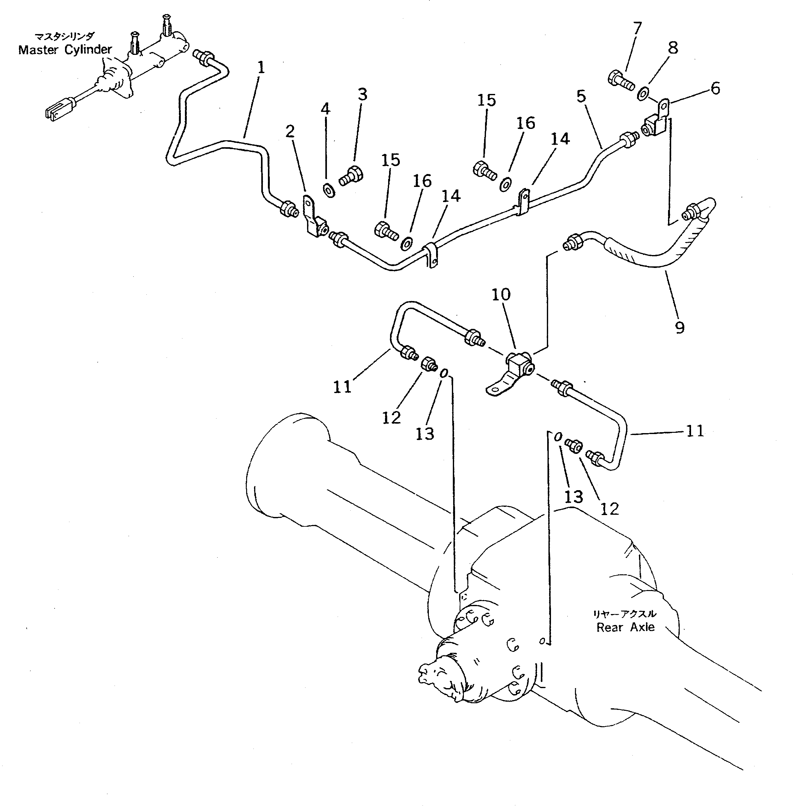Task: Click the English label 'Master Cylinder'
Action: point(65,50)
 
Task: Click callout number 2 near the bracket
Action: point(290,132)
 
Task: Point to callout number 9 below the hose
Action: point(679,328)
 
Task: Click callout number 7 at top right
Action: point(637,28)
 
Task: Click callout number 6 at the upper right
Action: point(715,88)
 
